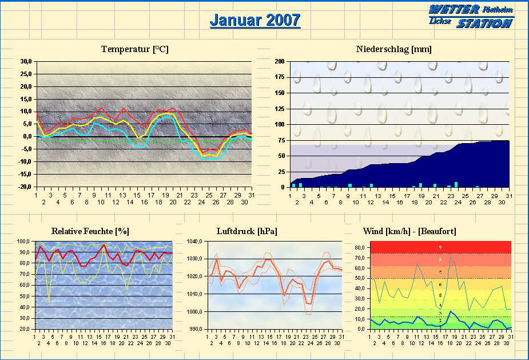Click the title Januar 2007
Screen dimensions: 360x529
(254, 20)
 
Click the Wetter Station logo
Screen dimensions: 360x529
(471, 16)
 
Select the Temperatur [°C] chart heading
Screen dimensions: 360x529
(134, 49)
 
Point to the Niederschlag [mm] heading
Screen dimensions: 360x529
(393, 49)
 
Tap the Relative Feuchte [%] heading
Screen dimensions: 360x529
(90, 231)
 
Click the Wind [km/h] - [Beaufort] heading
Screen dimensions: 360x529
(409, 231)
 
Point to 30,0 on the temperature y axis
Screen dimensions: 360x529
(25, 61)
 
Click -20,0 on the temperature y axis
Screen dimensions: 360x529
(24, 187)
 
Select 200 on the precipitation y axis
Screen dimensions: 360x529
(280, 61)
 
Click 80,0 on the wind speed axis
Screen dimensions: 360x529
(359, 248)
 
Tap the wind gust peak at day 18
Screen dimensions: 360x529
(451, 257)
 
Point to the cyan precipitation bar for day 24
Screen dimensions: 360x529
(456, 184)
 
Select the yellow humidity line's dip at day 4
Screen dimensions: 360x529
(49, 300)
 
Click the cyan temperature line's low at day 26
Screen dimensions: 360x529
(216, 159)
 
